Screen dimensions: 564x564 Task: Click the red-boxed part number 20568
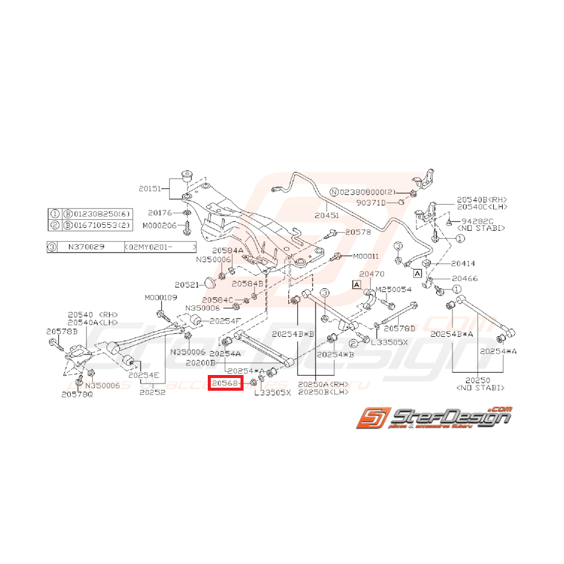coord(225,382)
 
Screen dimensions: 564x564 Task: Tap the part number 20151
coord(149,188)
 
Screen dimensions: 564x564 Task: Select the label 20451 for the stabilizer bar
coord(327,214)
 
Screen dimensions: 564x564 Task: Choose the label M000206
coord(159,225)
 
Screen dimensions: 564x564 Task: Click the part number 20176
coord(160,213)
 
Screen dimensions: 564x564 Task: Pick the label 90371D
coord(371,202)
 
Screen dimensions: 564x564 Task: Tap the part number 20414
coord(463,264)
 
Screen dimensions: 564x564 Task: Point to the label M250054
coord(394,290)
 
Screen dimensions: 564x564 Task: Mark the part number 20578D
coord(400,328)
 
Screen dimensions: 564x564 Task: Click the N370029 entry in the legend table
coord(85,247)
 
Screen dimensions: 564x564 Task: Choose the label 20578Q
coord(77,394)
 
